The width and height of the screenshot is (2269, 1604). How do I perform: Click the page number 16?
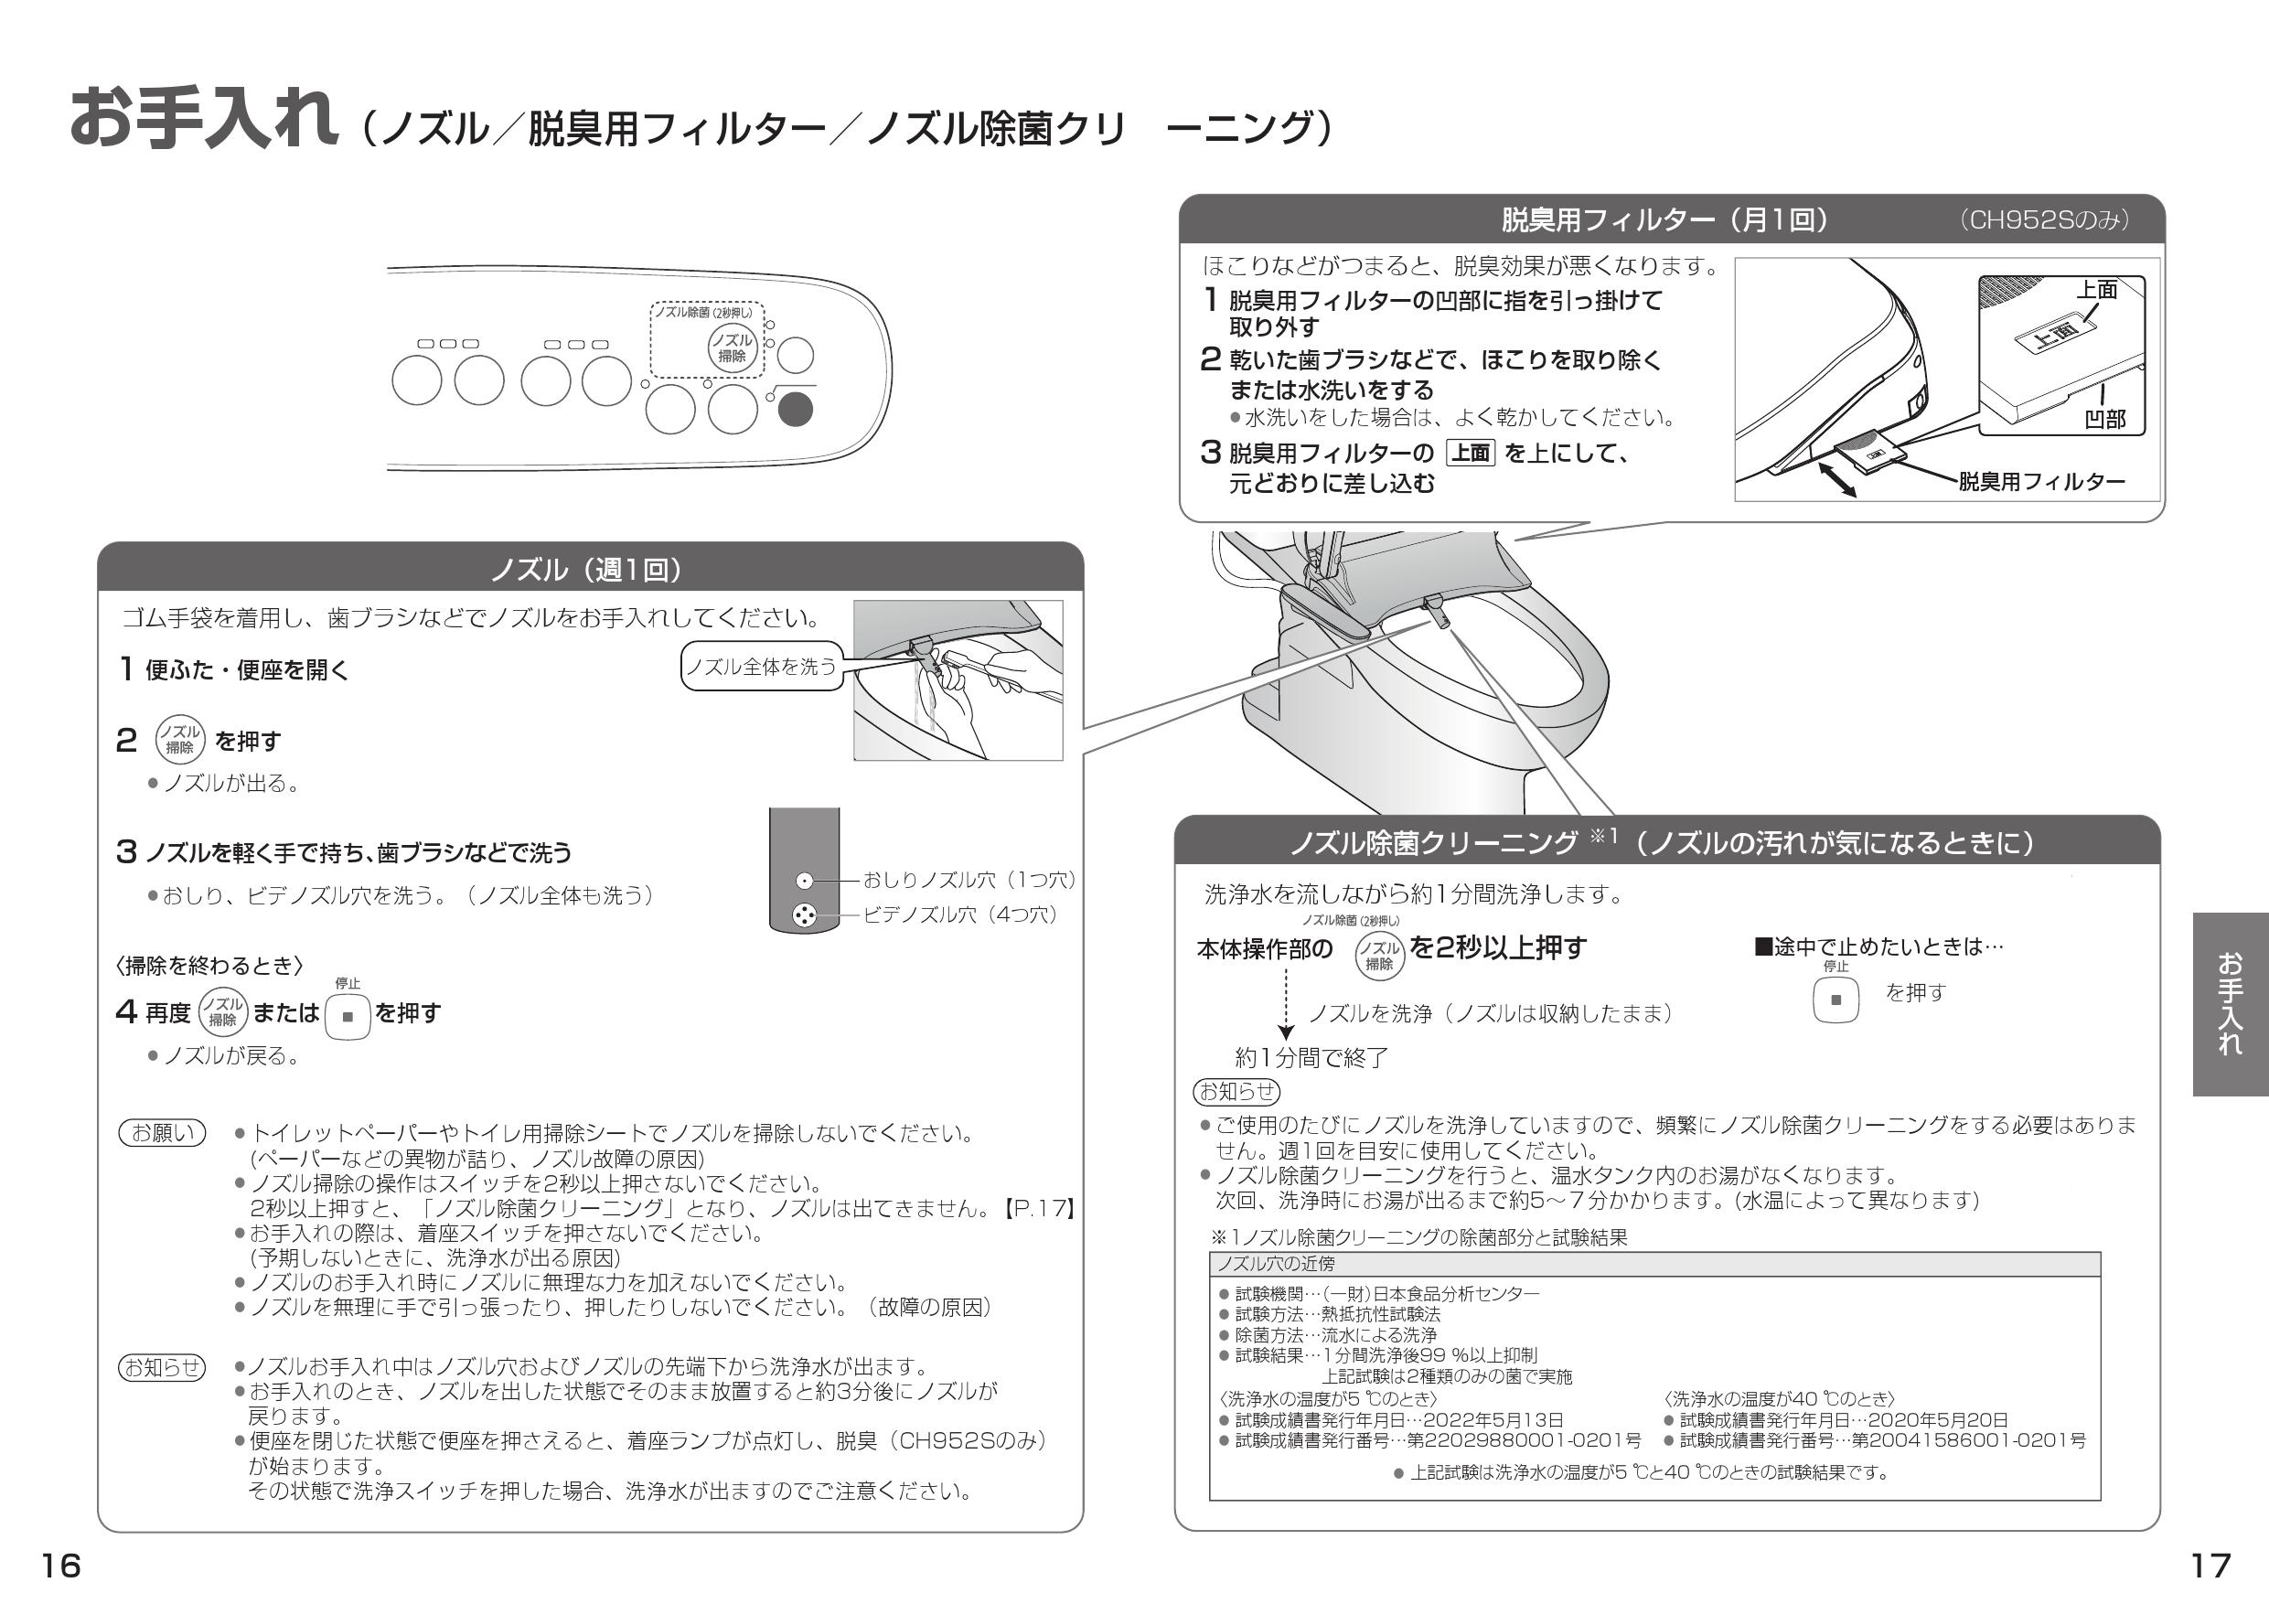60,1566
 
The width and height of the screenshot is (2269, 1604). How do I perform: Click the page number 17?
2210,1566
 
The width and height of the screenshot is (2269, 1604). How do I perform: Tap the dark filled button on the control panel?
795,409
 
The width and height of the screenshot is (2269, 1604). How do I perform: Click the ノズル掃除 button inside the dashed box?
733,348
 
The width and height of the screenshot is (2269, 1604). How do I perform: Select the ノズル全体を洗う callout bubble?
761,666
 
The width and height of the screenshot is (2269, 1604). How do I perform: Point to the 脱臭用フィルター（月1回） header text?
1664,219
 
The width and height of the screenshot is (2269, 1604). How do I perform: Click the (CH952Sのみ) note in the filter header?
2044,220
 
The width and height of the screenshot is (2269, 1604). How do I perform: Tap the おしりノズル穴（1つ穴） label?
969,880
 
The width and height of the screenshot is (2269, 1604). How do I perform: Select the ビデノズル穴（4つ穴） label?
959,914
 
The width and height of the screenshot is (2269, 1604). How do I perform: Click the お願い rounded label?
163,1132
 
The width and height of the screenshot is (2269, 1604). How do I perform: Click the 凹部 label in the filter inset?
2104,419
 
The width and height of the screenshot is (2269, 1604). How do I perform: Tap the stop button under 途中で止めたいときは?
1836,1000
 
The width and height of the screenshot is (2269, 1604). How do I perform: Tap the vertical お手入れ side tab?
2230,1003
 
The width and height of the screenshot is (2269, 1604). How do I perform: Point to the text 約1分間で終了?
1311,1057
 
